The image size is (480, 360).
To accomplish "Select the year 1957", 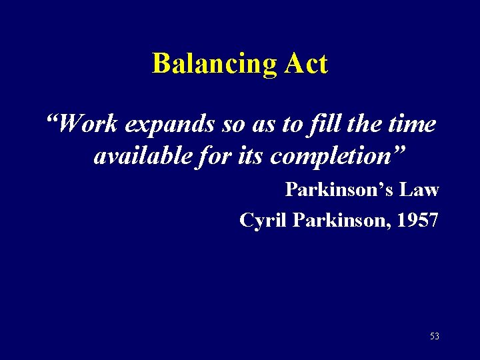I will pyautogui.click(x=416, y=220).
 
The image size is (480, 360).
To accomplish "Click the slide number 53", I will pyautogui.click(x=434, y=337).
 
